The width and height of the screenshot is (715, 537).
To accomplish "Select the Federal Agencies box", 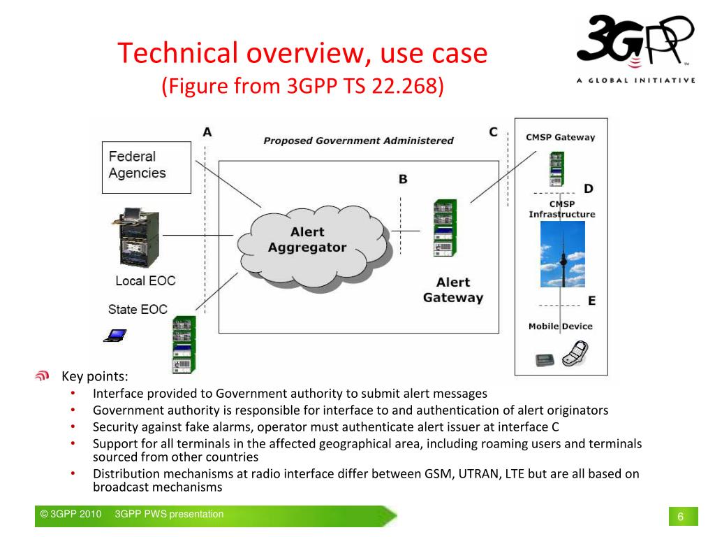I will coord(147,167).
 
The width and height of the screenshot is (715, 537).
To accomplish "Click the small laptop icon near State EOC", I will coord(115,336).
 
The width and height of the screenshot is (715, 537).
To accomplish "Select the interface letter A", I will coord(207,132).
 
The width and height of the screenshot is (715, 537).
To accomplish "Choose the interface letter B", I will coord(403,180).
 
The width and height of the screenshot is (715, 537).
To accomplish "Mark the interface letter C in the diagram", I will coord(493,131).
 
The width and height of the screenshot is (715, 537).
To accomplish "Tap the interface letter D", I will coord(589,189).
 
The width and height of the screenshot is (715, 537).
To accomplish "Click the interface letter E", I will coord(591,301).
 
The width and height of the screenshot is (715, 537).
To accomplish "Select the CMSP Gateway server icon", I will coord(556,169).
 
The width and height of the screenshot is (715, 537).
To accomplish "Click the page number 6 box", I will coord(680,517).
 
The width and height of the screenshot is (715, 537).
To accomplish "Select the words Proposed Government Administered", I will coord(358,141).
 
